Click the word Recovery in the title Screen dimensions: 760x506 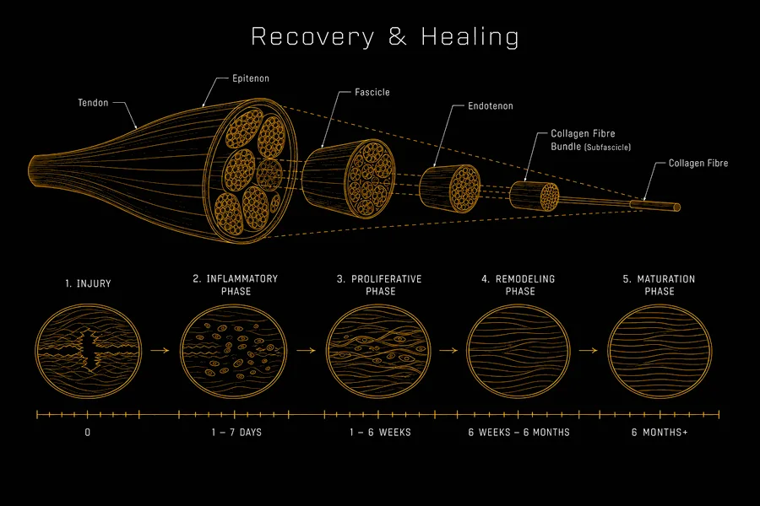click(x=312, y=37)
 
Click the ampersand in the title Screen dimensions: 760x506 click(x=398, y=36)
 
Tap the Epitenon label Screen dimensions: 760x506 click(x=251, y=78)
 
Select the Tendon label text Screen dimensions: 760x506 click(x=93, y=103)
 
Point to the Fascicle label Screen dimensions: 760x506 click(x=372, y=92)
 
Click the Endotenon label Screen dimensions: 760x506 click(x=491, y=106)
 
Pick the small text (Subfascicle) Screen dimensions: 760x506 click(x=608, y=148)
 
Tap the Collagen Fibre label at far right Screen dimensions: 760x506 click(x=698, y=163)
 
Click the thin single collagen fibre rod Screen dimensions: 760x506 click(x=655, y=205)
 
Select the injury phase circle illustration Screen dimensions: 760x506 click(x=88, y=351)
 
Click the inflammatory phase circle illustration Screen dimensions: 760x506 click(x=234, y=351)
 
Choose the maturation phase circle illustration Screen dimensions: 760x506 click(x=660, y=351)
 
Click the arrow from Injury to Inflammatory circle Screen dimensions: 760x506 click(x=160, y=350)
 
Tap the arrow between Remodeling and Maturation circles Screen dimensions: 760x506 click(x=588, y=350)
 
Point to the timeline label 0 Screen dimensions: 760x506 click(x=87, y=433)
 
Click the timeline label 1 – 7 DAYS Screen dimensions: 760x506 click(x=236, y=433)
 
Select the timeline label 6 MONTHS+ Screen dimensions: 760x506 click(x=660, y=433)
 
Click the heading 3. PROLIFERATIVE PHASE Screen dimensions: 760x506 click(x=379, y=285)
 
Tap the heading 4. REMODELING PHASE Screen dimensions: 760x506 click(x=518, y=285)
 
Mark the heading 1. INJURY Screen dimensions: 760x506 click(x=88, y=283)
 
